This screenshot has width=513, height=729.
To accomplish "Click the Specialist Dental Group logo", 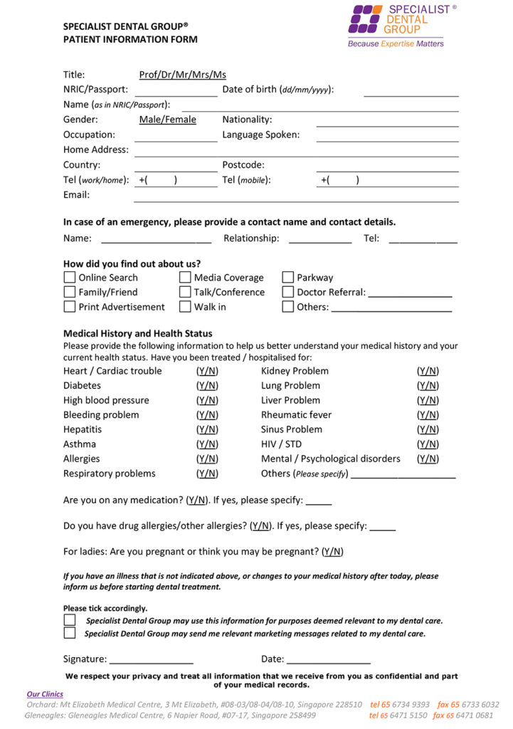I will (x=396, y=26).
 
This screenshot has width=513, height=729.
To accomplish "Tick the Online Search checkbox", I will (x=70, y=278).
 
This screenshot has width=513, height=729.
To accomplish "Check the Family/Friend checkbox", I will (x=70, y=292).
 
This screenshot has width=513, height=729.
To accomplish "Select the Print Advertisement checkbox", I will (x=70, y=307).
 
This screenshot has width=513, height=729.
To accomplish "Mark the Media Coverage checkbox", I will (x=185, y=278).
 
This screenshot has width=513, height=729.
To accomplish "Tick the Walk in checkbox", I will (x=185, y=307).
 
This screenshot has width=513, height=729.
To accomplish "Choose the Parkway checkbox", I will (x=288, y=278).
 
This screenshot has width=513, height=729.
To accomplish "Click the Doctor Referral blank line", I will (x=410, y=293).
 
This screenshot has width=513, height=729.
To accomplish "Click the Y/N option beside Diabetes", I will (x=208, y=386).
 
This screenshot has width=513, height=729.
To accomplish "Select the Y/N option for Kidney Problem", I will (x=428, y=371).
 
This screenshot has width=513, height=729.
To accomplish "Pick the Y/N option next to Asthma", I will (x=208, y=444).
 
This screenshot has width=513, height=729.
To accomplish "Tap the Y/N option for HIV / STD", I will (x=428, y=444).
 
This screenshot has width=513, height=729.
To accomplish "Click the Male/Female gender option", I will (x=168, y=120).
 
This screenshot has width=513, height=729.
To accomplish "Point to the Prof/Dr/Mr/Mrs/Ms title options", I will (x=183, y=75).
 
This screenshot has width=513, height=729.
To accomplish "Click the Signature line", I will (x=151, y=660).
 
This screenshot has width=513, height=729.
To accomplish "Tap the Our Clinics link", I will (x=45, y=694).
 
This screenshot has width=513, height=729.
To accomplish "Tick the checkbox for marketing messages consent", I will (x=70, y=634).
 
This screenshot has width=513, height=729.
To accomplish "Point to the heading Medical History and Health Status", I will (x=137, y=333).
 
